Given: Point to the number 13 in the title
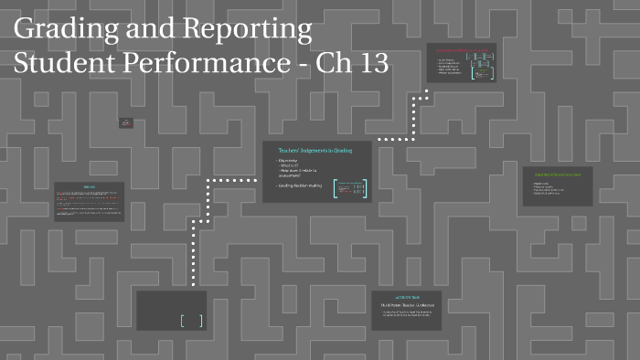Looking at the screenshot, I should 372,64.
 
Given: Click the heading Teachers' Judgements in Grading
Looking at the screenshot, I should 315,150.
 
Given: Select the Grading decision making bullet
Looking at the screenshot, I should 299,185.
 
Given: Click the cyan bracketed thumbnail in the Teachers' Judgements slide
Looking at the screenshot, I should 349,189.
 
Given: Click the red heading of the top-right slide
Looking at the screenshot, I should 463,50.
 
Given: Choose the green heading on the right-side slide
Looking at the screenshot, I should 557,173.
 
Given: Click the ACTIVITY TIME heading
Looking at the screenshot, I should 406,298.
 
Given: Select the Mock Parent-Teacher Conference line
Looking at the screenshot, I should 406,305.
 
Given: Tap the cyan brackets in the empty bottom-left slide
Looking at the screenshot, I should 191,320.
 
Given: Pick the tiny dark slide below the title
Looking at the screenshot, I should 126,122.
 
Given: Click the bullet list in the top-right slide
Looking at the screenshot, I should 450,66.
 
